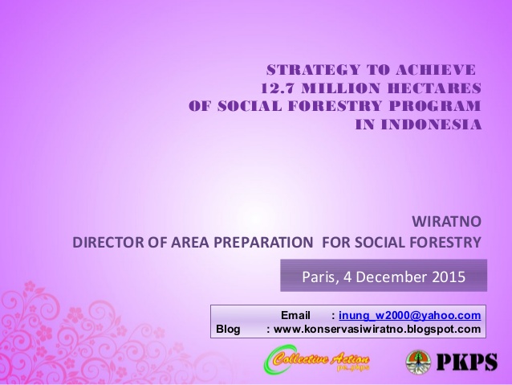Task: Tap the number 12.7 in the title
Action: pos(275,88)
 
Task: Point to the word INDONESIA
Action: pos(431,125)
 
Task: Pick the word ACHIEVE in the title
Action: pos(436,70)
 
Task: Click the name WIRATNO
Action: pos(446,222)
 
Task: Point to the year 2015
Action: pos(449,276)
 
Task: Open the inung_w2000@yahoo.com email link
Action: pos(410,315)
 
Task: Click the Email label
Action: pos(295,315)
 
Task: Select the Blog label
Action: pos(228,329)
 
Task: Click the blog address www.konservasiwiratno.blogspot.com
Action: pos(377,329)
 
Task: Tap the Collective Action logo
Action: pos(317,360)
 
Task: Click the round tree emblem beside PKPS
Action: pos(418,362)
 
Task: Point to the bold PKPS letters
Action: pos(466,362)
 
